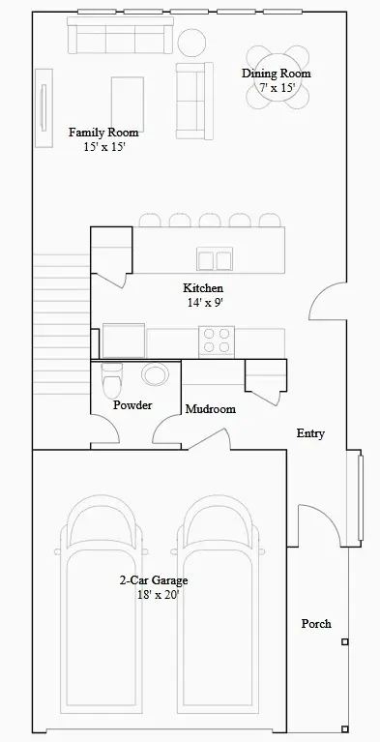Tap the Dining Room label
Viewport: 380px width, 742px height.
click(276, 74)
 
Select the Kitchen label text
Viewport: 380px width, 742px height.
click(203, 288)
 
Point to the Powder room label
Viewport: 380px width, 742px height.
click(132, 405)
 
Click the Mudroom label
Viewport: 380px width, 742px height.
click(210, 409)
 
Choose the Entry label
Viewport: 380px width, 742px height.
click(309, 433)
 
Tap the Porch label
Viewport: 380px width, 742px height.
click(316, 624)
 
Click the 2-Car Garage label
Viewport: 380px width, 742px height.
click(153, 580)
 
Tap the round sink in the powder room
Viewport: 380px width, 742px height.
click(155, 375)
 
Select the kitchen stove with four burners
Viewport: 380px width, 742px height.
click(217, 341)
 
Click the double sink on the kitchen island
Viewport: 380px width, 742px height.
click(215, 258)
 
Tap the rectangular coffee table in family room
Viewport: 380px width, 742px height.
click(130, 100)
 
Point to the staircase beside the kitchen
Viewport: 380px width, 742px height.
click(61, 319)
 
